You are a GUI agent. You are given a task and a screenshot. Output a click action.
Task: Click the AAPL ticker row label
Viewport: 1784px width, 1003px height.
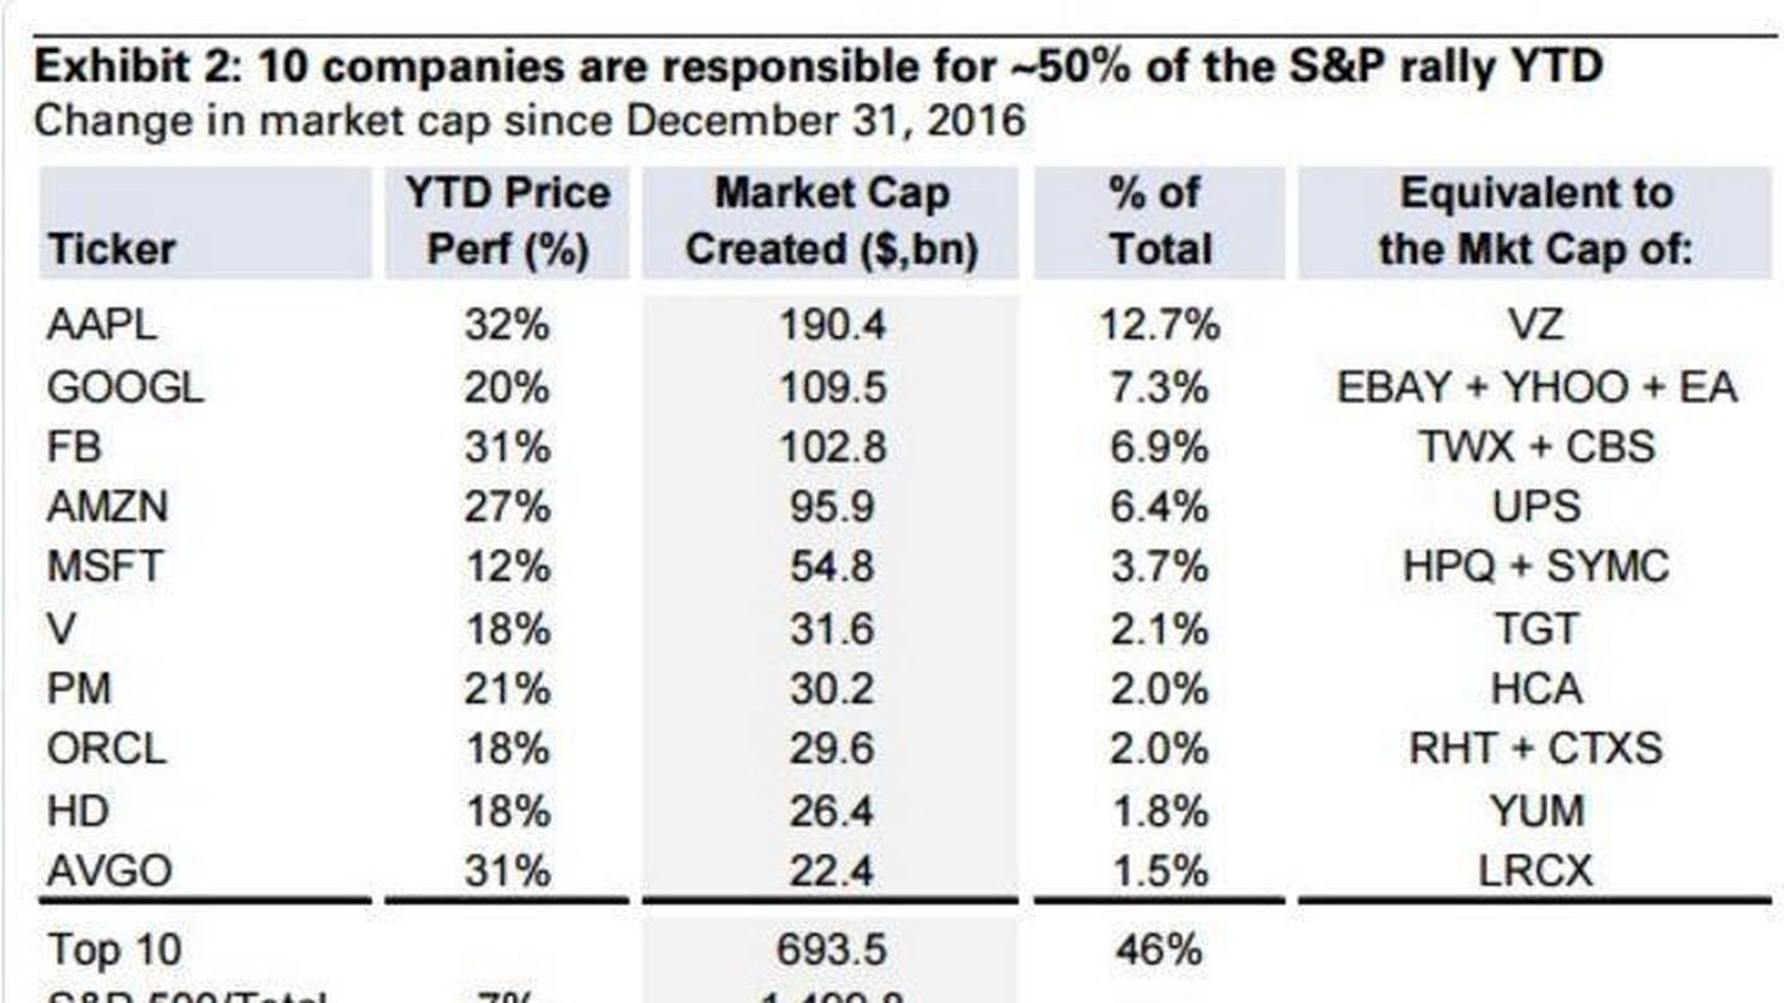101,325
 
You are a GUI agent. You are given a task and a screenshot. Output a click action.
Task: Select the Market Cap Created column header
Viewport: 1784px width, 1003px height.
832,222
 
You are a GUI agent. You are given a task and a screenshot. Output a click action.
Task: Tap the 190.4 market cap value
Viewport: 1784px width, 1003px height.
832,325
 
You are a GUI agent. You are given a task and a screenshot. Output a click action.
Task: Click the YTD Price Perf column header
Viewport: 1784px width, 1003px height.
507,222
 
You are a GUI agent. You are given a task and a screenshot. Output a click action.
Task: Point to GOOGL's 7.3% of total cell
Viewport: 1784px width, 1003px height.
1159,387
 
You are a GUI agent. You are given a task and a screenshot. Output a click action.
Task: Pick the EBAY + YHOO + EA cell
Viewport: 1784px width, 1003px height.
1536,387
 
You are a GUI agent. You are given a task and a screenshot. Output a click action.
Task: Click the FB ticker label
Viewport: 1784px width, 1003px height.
74,447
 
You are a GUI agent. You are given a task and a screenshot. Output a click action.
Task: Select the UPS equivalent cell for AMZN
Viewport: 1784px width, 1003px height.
1536,507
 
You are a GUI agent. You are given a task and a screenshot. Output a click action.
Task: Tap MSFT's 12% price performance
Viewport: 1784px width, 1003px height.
507,567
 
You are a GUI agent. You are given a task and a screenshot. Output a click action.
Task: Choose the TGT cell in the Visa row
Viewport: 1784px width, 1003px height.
1536,629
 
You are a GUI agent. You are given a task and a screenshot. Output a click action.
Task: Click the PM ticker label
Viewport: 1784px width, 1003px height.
79,689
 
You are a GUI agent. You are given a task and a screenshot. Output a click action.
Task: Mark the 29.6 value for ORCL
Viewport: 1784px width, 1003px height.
832,749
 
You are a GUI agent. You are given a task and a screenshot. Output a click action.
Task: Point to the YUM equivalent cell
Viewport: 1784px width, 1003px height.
1537,811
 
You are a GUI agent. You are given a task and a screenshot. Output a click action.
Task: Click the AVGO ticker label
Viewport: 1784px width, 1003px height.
110,871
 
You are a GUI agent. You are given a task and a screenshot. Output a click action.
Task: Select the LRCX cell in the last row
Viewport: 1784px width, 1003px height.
1536,871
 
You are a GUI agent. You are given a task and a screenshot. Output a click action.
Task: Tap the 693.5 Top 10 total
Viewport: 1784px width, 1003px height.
831,949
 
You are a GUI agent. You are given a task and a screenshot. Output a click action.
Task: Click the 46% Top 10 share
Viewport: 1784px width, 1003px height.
1159,949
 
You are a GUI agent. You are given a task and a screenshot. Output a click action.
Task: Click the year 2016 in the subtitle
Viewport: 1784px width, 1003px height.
976,121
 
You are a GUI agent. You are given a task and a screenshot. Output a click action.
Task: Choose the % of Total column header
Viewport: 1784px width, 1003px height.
1160,222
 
